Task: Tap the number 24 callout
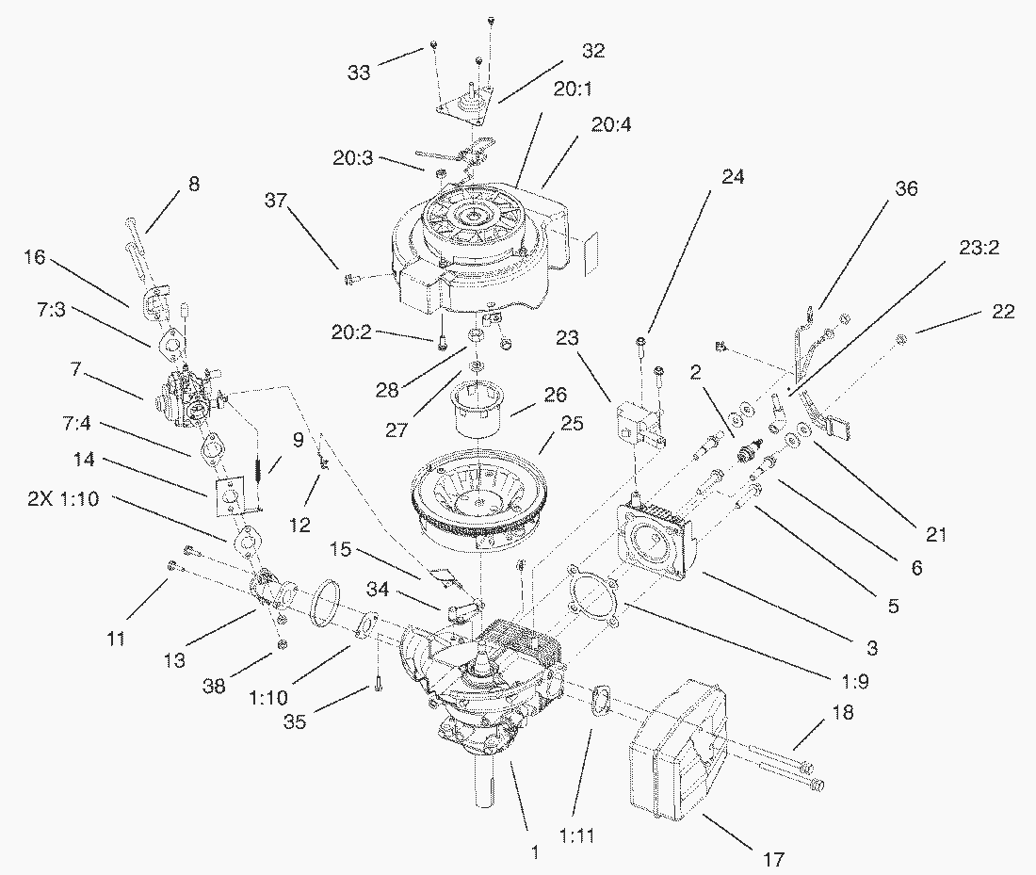point(732,176)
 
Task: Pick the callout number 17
point(772,858)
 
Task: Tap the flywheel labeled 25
point(480,504)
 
